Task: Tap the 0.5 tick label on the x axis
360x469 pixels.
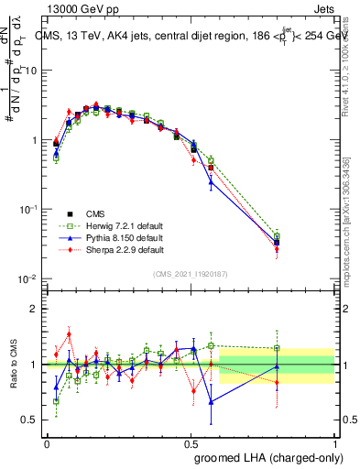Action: pyautogui.click(x=191, y=442)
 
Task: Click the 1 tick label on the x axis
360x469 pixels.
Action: pyautogui.click(x=335, y=442)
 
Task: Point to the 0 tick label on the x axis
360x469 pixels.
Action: pyautogui.click(x=47, y=442)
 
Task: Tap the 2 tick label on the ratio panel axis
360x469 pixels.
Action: pyautogui.click(x=34, y=309)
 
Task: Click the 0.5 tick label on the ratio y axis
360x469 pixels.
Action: pyautogui.click(x=31, y=420)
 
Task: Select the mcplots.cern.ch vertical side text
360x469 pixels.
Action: pyautogui.click(x=349, y=229)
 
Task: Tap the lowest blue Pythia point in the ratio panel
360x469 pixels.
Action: pyautogui.click(x=212, y=401)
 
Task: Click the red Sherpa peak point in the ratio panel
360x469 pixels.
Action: pyautogui.click(x=69, y=334)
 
